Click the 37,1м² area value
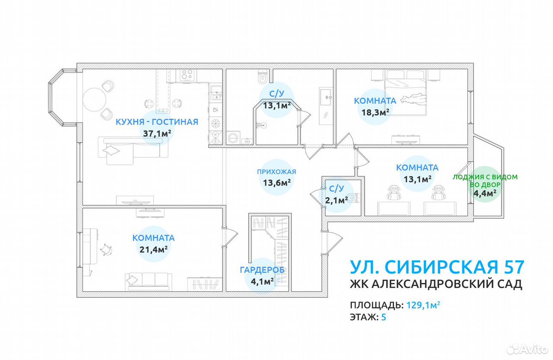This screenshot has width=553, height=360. (157, 134)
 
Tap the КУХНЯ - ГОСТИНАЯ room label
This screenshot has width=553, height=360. (157, 122)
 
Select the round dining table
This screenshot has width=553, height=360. (94, 99)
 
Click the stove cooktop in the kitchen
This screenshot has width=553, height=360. (188, 75)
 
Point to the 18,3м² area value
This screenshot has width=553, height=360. (375, 112)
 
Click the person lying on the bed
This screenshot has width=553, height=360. (413, 99)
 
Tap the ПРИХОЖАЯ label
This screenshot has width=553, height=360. (276, 172)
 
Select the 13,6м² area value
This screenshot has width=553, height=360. (277, 183)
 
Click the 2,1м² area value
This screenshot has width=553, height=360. (336, 200)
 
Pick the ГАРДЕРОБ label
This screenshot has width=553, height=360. (262, 270)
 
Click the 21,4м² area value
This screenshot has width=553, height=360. (153, 249)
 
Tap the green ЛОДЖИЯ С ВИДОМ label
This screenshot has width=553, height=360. (485, 177)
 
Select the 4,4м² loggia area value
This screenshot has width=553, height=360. (485, 193)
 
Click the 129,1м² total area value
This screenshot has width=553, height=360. (423, 305)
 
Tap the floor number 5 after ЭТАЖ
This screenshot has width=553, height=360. (383, 317)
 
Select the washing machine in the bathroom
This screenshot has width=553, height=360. (233, 137)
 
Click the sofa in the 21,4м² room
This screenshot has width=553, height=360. (148, 281)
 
